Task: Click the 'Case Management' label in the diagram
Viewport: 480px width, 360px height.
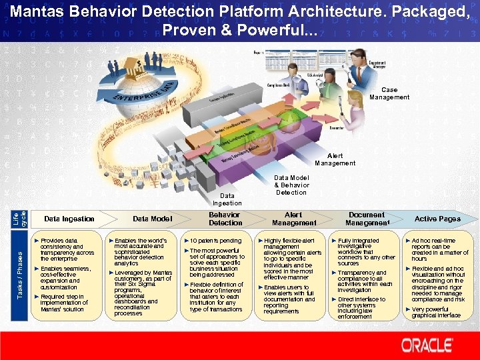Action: click(x=389, y=93)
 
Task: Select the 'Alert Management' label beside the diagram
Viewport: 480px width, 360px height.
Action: click(x=335, y=159)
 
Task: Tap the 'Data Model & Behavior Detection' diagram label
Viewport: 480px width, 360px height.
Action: click(x=291, y=185)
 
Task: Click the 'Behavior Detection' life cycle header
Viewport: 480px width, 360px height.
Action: click(x=225, y=219)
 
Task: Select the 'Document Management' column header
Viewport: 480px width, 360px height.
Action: click(x=367, y=219)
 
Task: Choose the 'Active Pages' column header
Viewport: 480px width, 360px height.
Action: click(x=437, y=219)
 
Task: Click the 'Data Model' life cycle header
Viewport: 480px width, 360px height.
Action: click(x=152, y=219)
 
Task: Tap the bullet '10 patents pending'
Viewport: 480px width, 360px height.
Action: click(x=215, y=241)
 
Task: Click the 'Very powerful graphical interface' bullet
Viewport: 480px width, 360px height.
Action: click(x=439, y=313)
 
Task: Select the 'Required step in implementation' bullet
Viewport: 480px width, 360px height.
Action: click(x=64, y=303)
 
